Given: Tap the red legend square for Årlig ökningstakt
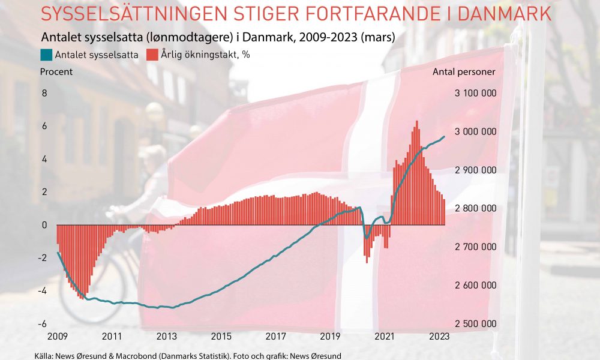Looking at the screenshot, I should click(152, 55).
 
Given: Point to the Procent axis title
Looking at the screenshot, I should click(56, 72).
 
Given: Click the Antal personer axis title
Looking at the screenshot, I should click(464, 72).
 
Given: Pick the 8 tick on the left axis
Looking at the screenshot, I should click(44, 94).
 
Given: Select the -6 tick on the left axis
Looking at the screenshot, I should click(43, 324).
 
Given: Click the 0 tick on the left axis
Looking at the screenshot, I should click(44, 225).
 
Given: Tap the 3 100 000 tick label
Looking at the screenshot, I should click(475, 94).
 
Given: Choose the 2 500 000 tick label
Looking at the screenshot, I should click(475, 324).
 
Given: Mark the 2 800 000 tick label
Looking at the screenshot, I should click(475, 208).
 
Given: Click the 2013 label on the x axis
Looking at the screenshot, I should click(166, 336).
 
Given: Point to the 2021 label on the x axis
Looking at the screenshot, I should click(385, 336).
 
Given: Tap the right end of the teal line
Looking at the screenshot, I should click(445, 136).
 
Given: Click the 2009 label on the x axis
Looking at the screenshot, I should click(57, 336).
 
